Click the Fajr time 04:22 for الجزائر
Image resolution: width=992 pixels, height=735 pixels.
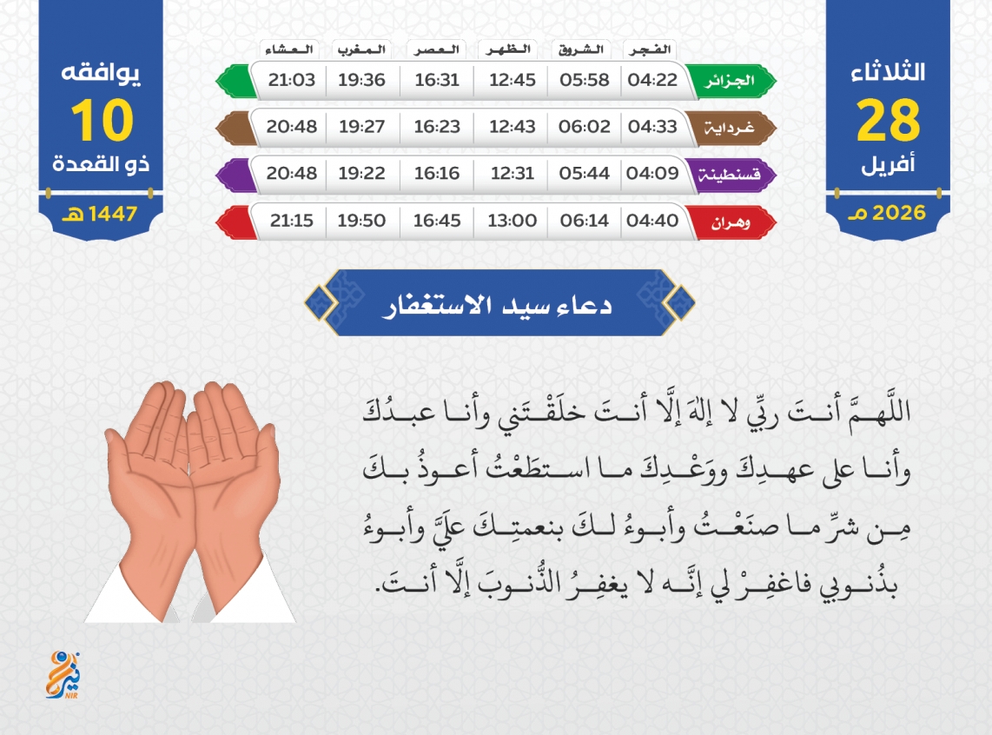(652, 80)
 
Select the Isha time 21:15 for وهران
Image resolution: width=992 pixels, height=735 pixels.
(292, 220)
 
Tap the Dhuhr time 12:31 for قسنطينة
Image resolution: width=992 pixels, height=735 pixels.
(513, 173)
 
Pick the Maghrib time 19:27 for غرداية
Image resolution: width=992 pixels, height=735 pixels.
(361, 127)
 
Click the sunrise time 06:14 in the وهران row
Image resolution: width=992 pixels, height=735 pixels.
(584, 220)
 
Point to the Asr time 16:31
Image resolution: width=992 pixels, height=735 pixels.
(437, 80)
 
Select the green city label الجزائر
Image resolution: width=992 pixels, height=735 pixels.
(730, 81)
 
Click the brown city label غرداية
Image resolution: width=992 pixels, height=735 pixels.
(730, 128)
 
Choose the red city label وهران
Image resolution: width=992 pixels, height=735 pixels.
(731, 222)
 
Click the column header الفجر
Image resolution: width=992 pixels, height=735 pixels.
(650, 50)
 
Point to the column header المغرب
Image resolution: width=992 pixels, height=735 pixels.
(361, 50)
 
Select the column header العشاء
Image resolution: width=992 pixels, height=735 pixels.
(289, 50)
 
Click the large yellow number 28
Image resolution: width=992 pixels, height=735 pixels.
(889, 120)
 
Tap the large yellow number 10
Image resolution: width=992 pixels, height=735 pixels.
(102, 120)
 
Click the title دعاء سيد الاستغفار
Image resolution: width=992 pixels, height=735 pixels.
(497, 305)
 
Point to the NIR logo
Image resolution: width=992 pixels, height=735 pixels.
(63, 675)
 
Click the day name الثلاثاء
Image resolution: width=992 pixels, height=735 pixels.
(889, 71)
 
